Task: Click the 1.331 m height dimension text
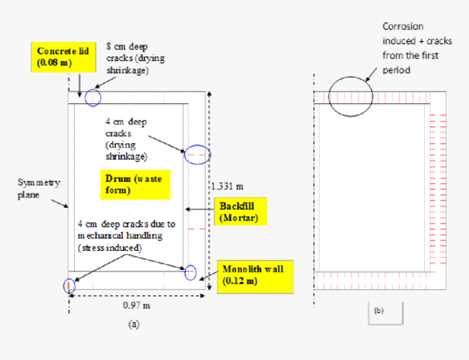227,187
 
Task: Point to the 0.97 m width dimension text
136,305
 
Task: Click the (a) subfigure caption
134,324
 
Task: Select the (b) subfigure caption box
386,312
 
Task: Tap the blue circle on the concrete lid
93,98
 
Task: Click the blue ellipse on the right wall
197,155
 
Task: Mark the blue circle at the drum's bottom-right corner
190,272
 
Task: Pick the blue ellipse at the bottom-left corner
69,285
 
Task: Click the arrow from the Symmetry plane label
58,203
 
